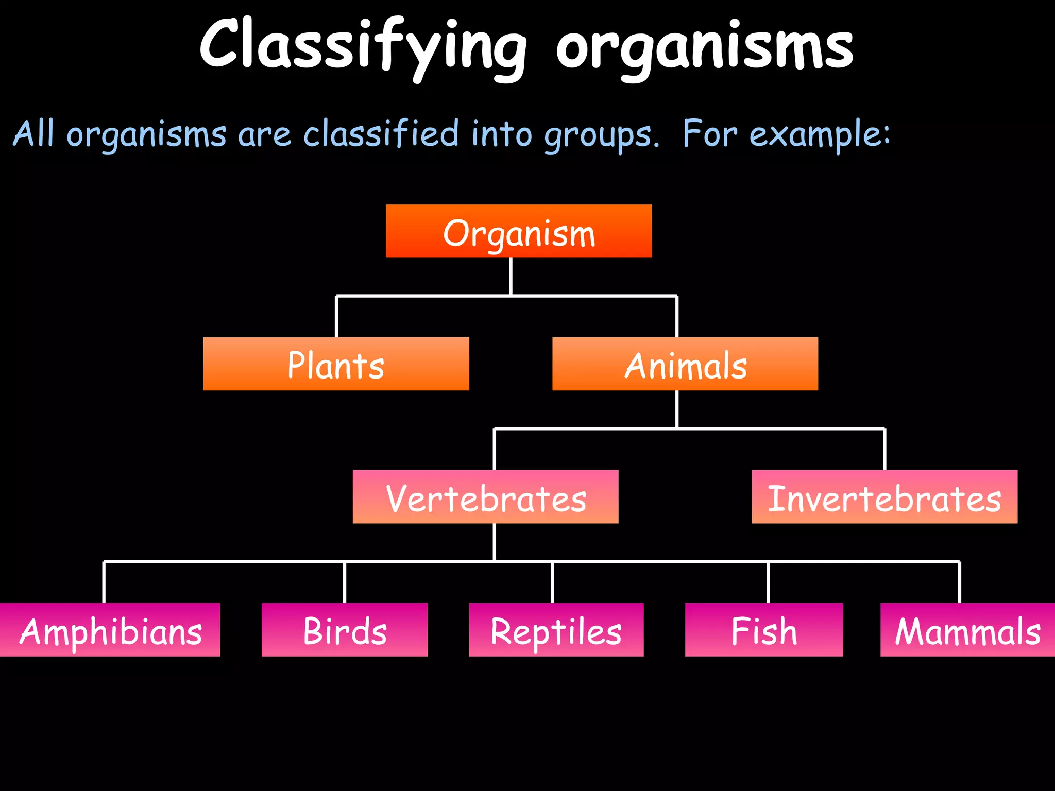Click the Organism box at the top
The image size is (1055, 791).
[519, 231]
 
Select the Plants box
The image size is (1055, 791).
[336, 364]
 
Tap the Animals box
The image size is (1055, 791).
[685, 364]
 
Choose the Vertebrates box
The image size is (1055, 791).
[485, 497]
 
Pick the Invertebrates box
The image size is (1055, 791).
[884, 497]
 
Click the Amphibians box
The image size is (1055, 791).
[110, 630]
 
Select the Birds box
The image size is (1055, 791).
[344, 630]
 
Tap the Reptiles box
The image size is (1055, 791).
[556, 630]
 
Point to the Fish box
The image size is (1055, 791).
[763, 630]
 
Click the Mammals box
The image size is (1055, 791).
[967, 630]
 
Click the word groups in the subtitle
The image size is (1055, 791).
[601, 135]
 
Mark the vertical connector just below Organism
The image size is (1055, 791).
[511, 277]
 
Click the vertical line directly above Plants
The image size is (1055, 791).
[336, 317]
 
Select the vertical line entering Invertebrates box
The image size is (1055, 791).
[884, 449]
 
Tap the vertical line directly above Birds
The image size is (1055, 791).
[345, 582]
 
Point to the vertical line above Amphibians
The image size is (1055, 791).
[104, 582]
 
